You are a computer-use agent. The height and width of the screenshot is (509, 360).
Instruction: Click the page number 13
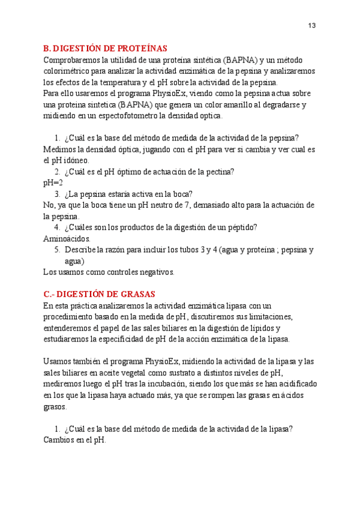[311, 25]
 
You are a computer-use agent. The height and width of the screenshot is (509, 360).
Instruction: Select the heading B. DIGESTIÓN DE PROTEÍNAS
[106, 49]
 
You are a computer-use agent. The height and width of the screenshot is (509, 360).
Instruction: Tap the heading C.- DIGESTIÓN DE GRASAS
[100, 294]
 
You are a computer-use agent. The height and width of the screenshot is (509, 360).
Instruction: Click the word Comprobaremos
[72, 60]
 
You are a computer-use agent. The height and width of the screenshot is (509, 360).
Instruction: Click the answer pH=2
[53, 182]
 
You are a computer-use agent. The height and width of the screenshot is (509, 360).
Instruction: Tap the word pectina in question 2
[220, 172]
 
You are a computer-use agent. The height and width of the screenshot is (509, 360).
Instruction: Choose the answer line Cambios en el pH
[74, 439]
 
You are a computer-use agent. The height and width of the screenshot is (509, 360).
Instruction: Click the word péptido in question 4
[241, 227]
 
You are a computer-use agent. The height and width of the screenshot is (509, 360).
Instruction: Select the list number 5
[57, 250]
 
